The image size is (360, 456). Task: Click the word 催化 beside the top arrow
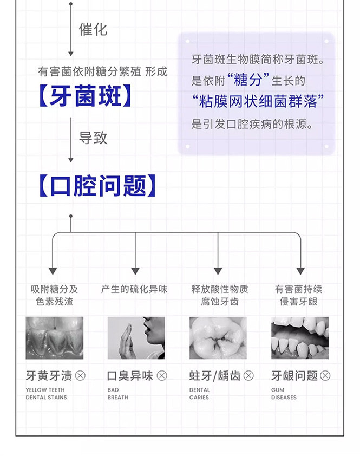coord(93,30)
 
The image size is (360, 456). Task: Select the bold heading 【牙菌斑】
coord(86,97)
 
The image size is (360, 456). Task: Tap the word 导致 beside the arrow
coord(93,138)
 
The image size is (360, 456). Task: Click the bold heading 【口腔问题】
coord(97,186)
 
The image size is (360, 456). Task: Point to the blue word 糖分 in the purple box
coord(248,80)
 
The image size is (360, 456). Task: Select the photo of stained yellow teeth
coord(55,338)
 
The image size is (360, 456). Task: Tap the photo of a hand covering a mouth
coord(136,338)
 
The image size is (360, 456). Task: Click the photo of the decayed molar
coord(218,338)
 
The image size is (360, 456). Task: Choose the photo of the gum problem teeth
coord(300,338)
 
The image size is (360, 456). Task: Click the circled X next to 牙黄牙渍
coord(80,375)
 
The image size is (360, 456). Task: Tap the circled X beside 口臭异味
coord(162,375)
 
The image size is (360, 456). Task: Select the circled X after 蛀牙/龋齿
coord(248,375)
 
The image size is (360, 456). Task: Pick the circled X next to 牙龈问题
coord(325,375)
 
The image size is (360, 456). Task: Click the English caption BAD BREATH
coord(118,394)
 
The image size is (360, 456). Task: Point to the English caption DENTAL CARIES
coord(200,394)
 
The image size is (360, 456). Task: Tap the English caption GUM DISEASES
coord(284,394)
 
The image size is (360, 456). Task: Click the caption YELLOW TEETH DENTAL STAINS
coord(46,394)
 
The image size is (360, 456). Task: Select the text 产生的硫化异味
coord(134,289)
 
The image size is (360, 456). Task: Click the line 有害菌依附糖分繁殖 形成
coord(103,71)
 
